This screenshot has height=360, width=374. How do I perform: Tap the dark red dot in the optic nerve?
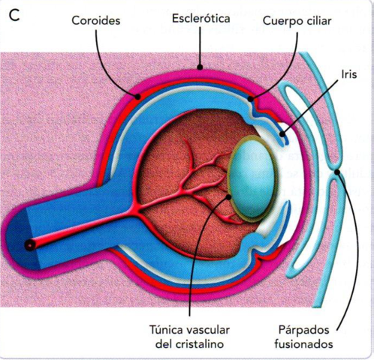point(29,245)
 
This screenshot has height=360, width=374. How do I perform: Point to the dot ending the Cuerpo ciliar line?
point(251,97)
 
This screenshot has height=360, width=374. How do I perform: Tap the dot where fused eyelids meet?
point(336,172)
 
